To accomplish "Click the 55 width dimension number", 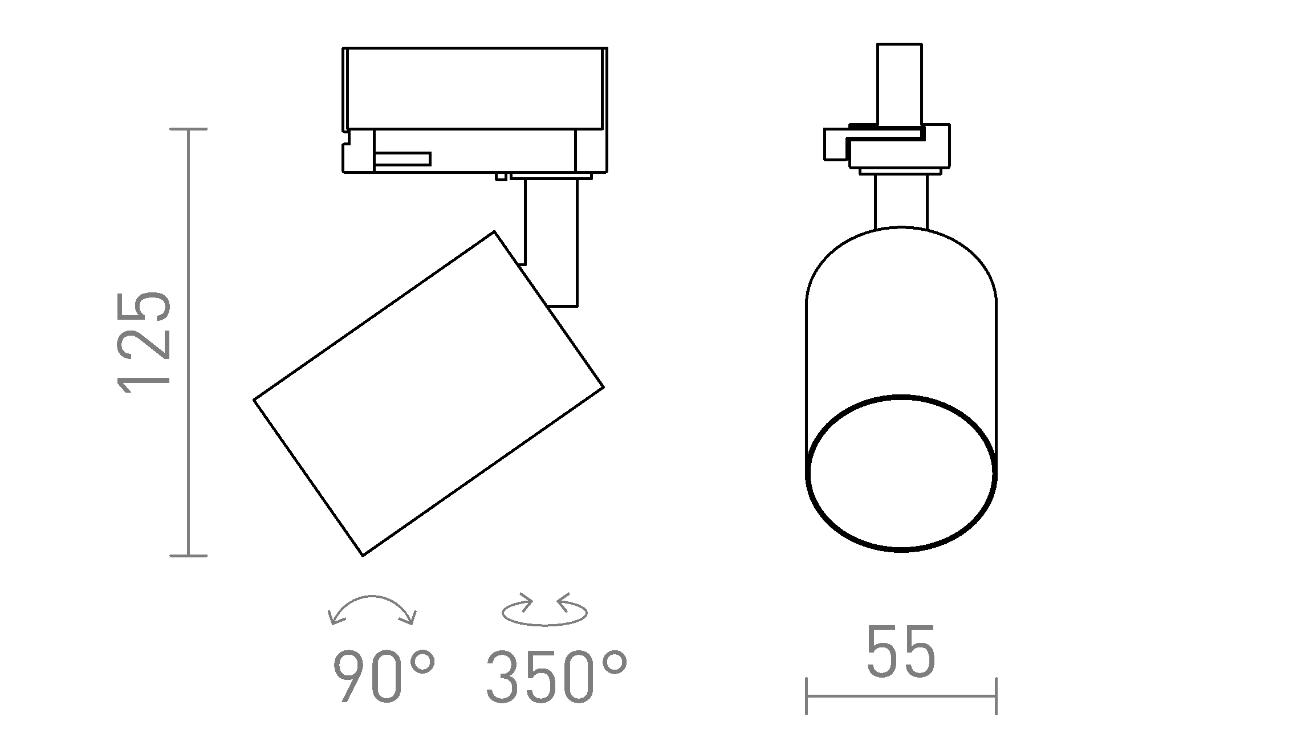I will (x=901, y=652).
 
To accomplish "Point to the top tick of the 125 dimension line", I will (x=189, y=129).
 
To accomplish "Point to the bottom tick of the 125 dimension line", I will (x=189, y=555).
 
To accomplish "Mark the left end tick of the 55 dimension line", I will (x=806, y=696).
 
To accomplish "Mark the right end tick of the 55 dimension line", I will (x=996, y=696).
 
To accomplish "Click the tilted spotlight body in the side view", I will (x=428, y=393).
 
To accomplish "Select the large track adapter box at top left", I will (x=474, y=88).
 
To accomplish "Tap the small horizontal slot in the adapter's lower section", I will (x=402, y=159).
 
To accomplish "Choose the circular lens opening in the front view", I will (x=901, y=473).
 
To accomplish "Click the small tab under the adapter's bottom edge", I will (x=501, y=177).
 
